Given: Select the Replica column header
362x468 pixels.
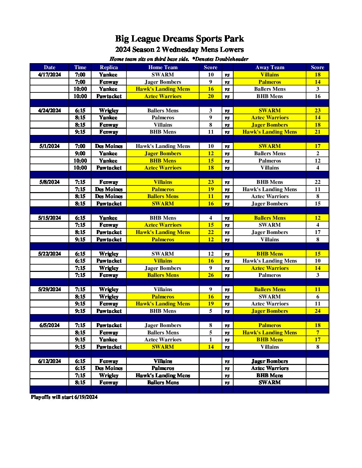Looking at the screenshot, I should [x=109, y=67].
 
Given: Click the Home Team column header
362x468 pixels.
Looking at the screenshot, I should [x=163, y=67].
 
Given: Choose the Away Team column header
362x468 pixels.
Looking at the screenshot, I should [x=270, y=67].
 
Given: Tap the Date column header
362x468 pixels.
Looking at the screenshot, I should [x=50, y=67].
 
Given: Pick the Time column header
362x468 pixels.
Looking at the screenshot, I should [x=80, y=67].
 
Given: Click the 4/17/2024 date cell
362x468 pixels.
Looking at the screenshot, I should [x=50, y=75].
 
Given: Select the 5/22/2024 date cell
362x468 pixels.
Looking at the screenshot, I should [x=50, y=254].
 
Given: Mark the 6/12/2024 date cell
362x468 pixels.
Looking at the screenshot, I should [x=50, y=361].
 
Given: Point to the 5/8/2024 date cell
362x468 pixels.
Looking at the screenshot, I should [x=50, y=182].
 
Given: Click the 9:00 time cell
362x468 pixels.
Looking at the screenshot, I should [x=80, y=154].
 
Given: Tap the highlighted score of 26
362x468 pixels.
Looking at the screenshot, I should [x=211, y=275].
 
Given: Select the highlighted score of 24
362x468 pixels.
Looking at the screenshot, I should [x=317, y=311].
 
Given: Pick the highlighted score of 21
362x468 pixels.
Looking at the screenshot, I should [x=317, y=132].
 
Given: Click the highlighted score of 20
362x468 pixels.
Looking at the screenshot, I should [x=211, y=96].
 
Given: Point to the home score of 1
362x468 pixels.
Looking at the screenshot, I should [x=211, y=340].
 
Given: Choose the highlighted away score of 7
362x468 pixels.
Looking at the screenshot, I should [x=317, y=333].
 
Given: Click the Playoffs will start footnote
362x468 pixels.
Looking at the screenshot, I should [x=64, y=397].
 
